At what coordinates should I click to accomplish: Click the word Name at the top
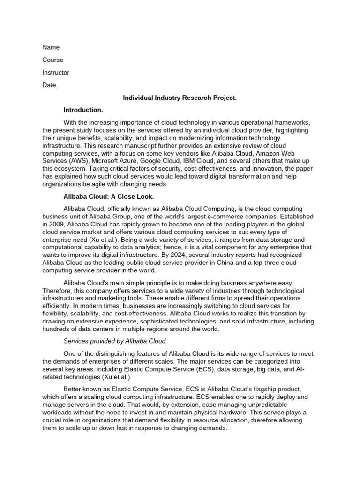(x=51, y=47)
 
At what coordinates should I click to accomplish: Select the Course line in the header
(x=52, y=60)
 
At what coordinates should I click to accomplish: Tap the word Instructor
(x=56, y=73)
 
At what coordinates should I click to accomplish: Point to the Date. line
(x=50, y=85)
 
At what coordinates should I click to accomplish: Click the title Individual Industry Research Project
(x=180, y=98)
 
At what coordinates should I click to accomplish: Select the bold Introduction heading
(x=83, y=110)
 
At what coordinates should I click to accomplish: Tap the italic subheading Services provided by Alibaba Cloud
(x=115, y=341)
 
